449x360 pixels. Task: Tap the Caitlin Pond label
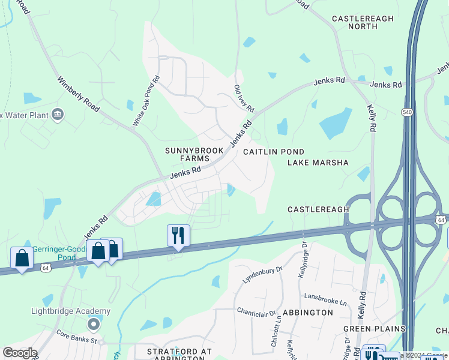tap(274, 152)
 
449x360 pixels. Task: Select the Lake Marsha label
tap(318, 163)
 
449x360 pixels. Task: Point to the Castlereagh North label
tap(363, 23)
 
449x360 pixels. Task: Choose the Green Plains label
tap(374, 329)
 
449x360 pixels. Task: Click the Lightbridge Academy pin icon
tap(93, 325)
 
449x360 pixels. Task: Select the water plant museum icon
tap(58, 114)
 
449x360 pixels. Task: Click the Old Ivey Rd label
tap(244, 100)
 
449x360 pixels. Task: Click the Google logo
tap(20, 353)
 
